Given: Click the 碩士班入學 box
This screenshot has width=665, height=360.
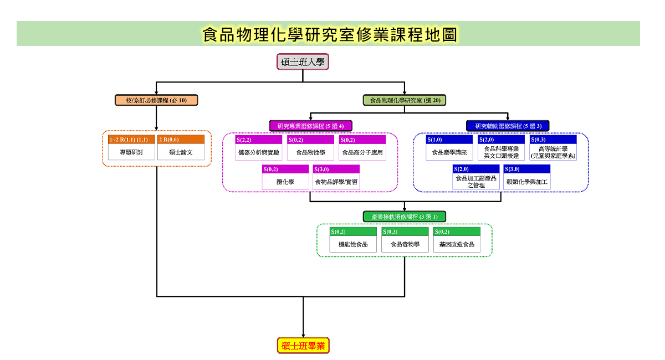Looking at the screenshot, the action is click(303, 61).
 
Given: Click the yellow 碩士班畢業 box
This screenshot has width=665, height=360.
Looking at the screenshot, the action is click(303, 346).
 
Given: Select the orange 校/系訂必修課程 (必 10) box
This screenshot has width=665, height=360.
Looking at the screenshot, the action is click(156, 100).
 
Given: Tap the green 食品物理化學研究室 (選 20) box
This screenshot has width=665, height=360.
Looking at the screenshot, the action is click(405, 100).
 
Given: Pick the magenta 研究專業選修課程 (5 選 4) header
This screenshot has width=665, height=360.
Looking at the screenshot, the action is click(310, 126).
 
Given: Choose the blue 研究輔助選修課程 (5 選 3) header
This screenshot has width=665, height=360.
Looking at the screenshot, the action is click(508, 126).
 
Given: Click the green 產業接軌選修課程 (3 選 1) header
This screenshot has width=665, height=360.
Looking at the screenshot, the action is click(405, 217).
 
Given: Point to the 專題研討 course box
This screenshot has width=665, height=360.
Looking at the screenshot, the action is click(131, 147).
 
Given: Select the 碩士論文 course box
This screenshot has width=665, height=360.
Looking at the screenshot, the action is click(181, 147).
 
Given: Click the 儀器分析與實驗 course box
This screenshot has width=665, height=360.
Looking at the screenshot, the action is click(259, 148).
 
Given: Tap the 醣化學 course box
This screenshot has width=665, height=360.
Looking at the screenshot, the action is click(285, 177).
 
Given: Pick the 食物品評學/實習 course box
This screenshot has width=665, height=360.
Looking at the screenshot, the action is click(336, 177).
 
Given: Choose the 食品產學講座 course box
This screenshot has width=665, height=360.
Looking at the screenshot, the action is click(449, 148).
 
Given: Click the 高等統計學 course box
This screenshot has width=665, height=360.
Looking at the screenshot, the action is click(553, 148).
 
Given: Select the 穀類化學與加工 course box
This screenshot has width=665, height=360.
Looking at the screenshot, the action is click(527, 177).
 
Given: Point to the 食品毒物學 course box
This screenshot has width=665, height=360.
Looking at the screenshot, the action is click(405, 240).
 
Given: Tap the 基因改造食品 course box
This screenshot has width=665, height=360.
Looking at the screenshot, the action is click(457, 240).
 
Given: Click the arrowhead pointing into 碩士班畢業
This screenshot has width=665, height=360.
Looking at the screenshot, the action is click(303, 336).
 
